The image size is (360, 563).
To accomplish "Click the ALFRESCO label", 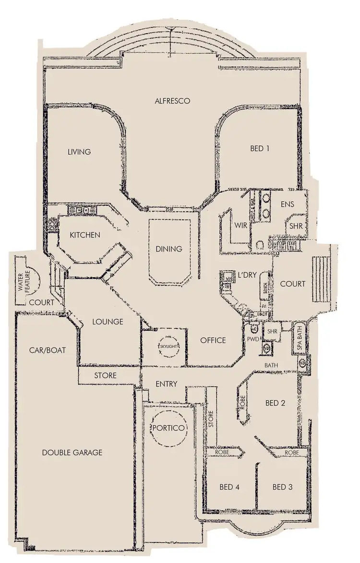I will [x=173, y=101].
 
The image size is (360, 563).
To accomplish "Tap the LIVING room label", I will [x=79, y=152].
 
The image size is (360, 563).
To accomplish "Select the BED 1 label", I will [x=260, y=149].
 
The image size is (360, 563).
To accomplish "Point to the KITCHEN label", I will [x=85, y=235].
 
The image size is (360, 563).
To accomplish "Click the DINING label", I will [x=169, y=249].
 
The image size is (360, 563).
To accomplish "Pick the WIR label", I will [x=241, y=226].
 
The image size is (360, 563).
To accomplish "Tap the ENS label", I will [x=287, y=204].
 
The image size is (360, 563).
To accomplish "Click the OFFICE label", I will [x=213, y=340].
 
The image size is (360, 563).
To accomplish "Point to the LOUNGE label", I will [x=108, y=322].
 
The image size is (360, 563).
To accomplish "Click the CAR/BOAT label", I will [x=47, y=350].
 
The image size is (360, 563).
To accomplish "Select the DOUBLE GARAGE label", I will [x=72, y=453].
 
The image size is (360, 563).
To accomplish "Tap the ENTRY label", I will [x=167, y=384].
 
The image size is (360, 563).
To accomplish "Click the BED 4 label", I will [x=229, y=487].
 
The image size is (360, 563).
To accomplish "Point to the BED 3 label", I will [x=282, y=487].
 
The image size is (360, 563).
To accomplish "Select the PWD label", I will [x=253, y=339].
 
